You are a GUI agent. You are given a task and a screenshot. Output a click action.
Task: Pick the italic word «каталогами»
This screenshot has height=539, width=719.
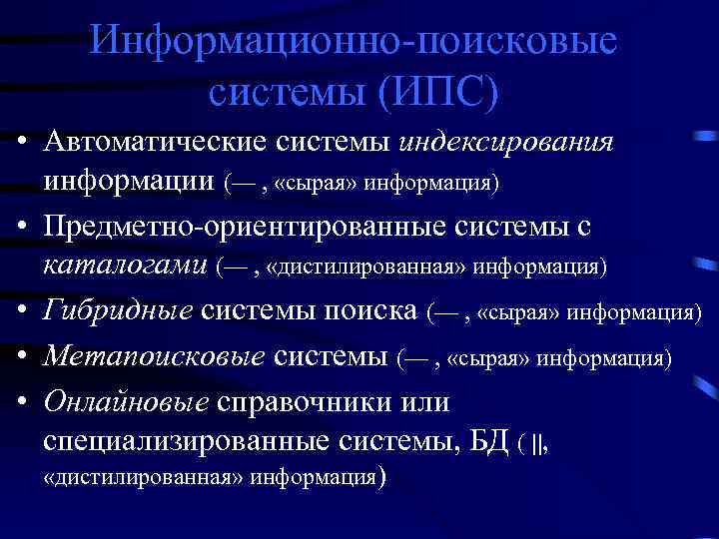click(x=125, y=267)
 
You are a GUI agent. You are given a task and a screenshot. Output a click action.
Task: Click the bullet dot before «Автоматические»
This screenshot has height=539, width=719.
click(x=21, y=144)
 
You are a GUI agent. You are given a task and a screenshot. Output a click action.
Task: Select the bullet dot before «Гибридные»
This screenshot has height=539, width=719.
click(x=21, y=313)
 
